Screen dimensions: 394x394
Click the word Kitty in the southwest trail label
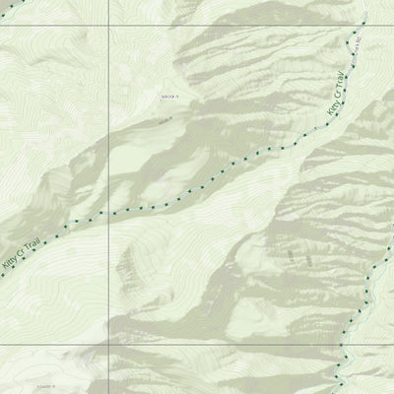point(12,259)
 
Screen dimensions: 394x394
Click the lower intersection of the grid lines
point(107,345)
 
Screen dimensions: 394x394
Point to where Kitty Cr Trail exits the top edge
point(364,1)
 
